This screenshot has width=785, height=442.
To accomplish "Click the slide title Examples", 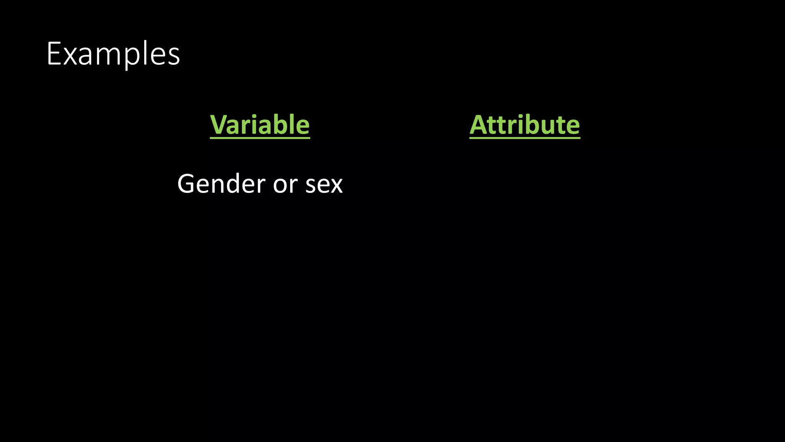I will tap(113, 54).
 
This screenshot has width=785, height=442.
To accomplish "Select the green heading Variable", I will tap(260, 125).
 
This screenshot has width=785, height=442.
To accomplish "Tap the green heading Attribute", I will tap(525, 125).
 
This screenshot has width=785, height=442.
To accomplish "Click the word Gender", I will tap(221, 184).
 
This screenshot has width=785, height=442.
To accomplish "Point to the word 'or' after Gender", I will tap(285, 185).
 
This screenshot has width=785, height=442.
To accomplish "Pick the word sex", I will tap(324, 185).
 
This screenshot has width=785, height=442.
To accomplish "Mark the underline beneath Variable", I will tap(260, 137).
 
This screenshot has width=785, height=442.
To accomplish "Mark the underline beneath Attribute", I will tap(525, 137).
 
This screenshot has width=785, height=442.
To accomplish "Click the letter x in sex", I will tap(335, 185).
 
